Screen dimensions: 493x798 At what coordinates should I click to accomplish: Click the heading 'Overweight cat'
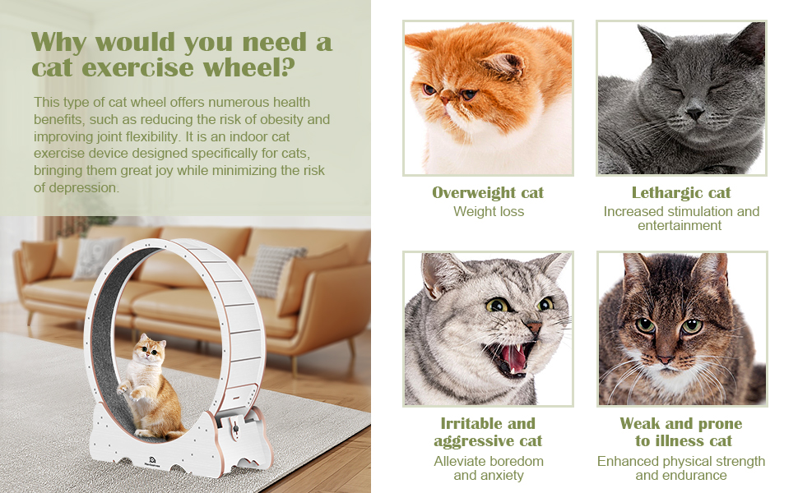pyautogui.click(x=488, y=193)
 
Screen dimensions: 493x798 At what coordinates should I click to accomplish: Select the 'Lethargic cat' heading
pyautogui.click(x=681, y=193)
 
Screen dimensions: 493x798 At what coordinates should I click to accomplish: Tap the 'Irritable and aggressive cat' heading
pyautogui.click(x=488, y=432)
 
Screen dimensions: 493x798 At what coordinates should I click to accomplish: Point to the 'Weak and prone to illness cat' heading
pyautogui.click(x=681, y=432)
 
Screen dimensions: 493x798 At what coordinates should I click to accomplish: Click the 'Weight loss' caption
pyautogui.click(x=488, y=212)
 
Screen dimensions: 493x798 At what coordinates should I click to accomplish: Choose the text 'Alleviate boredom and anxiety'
pyautogui.click(x=488, y=468)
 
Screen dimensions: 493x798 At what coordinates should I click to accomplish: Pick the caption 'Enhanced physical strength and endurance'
pyautogui.click(x=681, y=468)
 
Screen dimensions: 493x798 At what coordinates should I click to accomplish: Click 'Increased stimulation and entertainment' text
pyautogui.click(x=681, y=219)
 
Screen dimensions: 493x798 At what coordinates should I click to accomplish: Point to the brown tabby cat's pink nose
pyautogui.click(x=665, y=359)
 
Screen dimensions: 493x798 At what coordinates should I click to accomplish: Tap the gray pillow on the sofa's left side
pyautogui.click(x=96, y=256)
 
